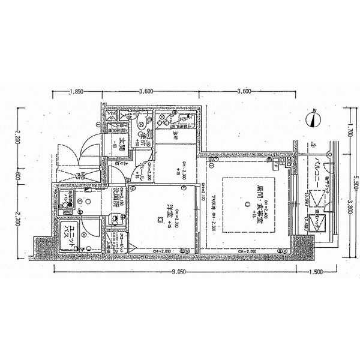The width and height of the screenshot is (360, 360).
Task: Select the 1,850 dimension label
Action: point(76,91)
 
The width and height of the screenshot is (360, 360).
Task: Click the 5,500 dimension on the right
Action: point(355,178)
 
